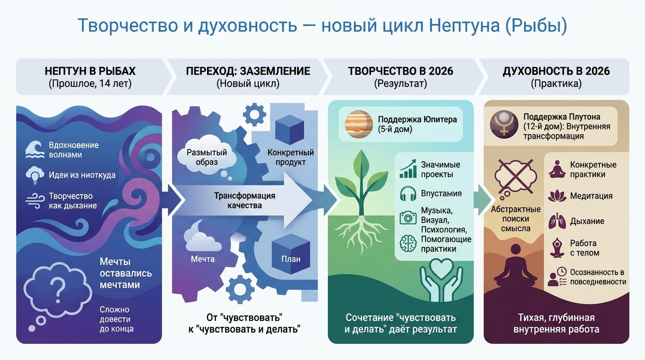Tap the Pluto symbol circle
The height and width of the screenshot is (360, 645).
504,125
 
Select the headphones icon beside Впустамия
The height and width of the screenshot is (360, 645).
408,194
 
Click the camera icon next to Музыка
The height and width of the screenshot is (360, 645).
408,217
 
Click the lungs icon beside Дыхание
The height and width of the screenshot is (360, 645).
557,220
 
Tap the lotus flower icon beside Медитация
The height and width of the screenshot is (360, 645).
557,196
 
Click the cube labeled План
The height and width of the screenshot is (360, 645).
291,252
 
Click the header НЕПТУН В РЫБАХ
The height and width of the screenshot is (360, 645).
90,71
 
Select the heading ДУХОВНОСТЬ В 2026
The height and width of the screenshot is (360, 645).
556,71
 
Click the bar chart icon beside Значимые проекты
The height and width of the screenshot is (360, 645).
408,169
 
